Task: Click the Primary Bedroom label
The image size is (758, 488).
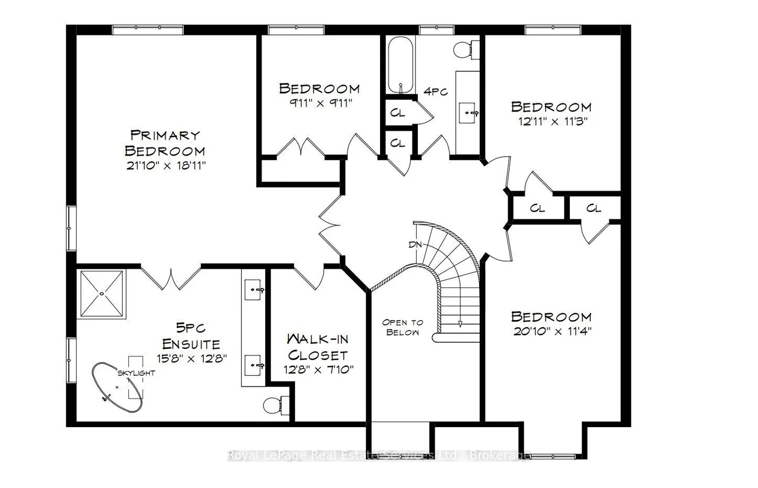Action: pos(165,143)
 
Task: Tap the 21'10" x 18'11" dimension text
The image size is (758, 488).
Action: pos(166,166)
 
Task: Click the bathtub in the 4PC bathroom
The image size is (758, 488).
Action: pos(400,65)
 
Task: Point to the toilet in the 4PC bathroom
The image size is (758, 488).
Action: pos(466,50)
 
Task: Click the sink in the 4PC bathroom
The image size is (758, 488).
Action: pos(467,113)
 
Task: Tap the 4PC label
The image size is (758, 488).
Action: pos(435,91)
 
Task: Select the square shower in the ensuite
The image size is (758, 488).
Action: pos(101,294)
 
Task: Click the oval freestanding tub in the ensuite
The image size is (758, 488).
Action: pos(117,388)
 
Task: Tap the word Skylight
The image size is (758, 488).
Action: pos(136,373)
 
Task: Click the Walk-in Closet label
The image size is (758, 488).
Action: pos(318,347)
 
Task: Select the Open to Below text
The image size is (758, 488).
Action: pos(402,327)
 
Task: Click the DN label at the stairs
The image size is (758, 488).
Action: pos(415,245)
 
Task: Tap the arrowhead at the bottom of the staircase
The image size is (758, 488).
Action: pos(460,324)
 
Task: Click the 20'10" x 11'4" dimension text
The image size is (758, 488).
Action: pos(552,331)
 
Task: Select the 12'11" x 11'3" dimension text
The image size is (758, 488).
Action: pos(552,121)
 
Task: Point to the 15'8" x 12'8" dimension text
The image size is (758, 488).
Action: pos(191,358)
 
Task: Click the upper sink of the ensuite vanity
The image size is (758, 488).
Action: pos(253,290)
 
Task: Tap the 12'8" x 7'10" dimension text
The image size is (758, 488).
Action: pos(318,369)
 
